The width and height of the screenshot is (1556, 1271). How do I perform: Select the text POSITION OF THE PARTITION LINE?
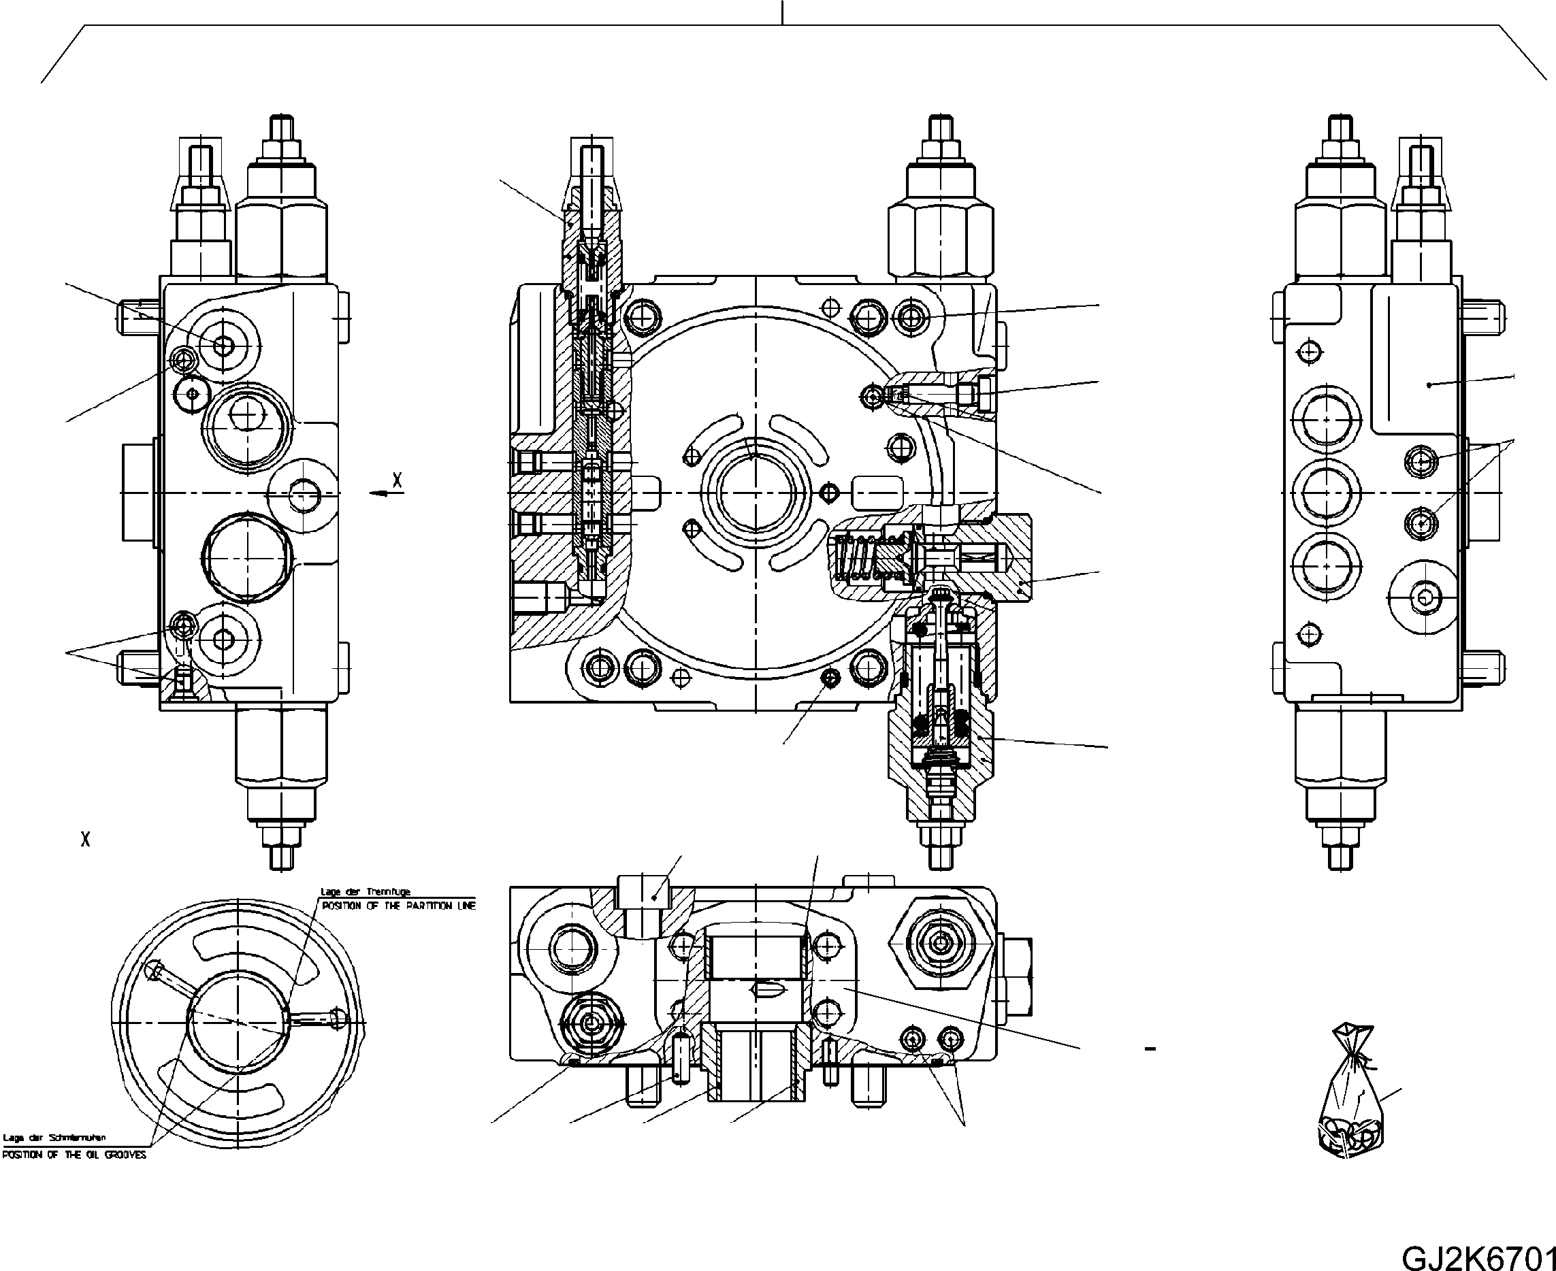(398, 906)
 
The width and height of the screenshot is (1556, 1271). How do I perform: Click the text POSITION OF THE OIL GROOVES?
(74, 1155)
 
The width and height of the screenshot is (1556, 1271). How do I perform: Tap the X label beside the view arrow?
(397, 480)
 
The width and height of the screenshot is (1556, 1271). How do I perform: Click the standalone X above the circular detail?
(86, 839)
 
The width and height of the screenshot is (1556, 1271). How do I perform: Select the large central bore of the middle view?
(755, 491)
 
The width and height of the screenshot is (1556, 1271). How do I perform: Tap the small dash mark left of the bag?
(1150, 1049)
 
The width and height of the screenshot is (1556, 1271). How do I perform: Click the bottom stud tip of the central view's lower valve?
(940, 857)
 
